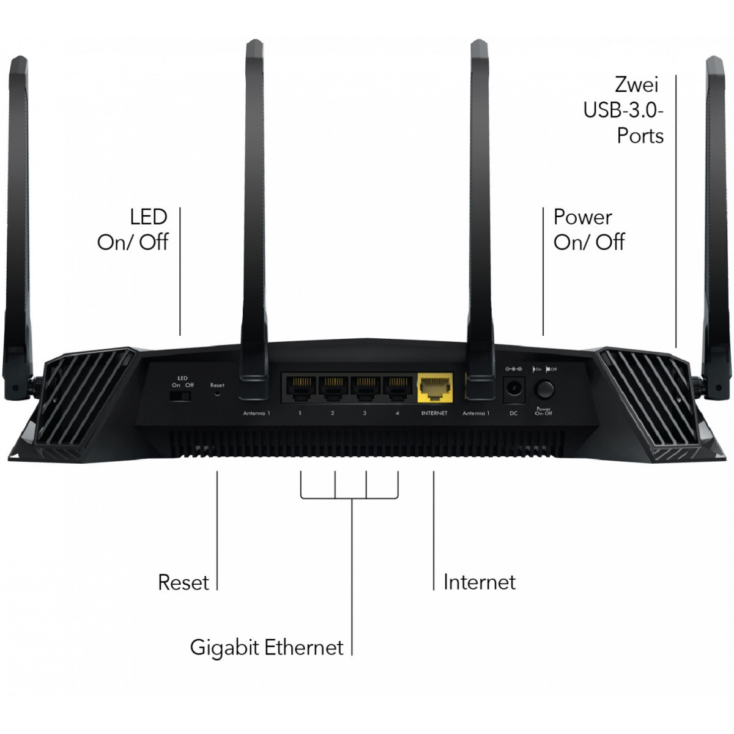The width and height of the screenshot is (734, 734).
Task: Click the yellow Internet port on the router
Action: click(x=435, y=387)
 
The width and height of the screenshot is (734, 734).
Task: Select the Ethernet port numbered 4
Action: click(x=397, y=387)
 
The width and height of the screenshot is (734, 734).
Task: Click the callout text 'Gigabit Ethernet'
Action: click(x=267, y=647)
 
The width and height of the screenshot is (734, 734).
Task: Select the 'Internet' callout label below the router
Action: click(x=480, y=582)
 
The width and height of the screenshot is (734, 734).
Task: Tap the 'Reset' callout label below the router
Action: click(x=183, y=582)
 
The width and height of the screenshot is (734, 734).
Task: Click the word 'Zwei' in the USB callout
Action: click(x=637, y=84)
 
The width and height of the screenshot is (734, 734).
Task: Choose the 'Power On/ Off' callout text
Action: click(x=588, y=229)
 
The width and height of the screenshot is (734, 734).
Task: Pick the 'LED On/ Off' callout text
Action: click(x=133, y=229)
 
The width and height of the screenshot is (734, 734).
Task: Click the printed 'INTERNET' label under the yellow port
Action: click(x=434, y=413)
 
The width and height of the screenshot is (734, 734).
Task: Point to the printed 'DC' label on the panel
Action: click(x=514, y=413)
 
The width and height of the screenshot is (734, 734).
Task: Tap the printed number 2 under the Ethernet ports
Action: click(x=332, y=413)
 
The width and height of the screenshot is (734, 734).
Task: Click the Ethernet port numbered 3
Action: click(x=365, y=387)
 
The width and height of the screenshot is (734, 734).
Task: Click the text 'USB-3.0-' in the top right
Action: click(x=623, y=110)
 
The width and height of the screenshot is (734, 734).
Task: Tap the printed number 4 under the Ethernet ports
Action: click(x=397, y=413)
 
